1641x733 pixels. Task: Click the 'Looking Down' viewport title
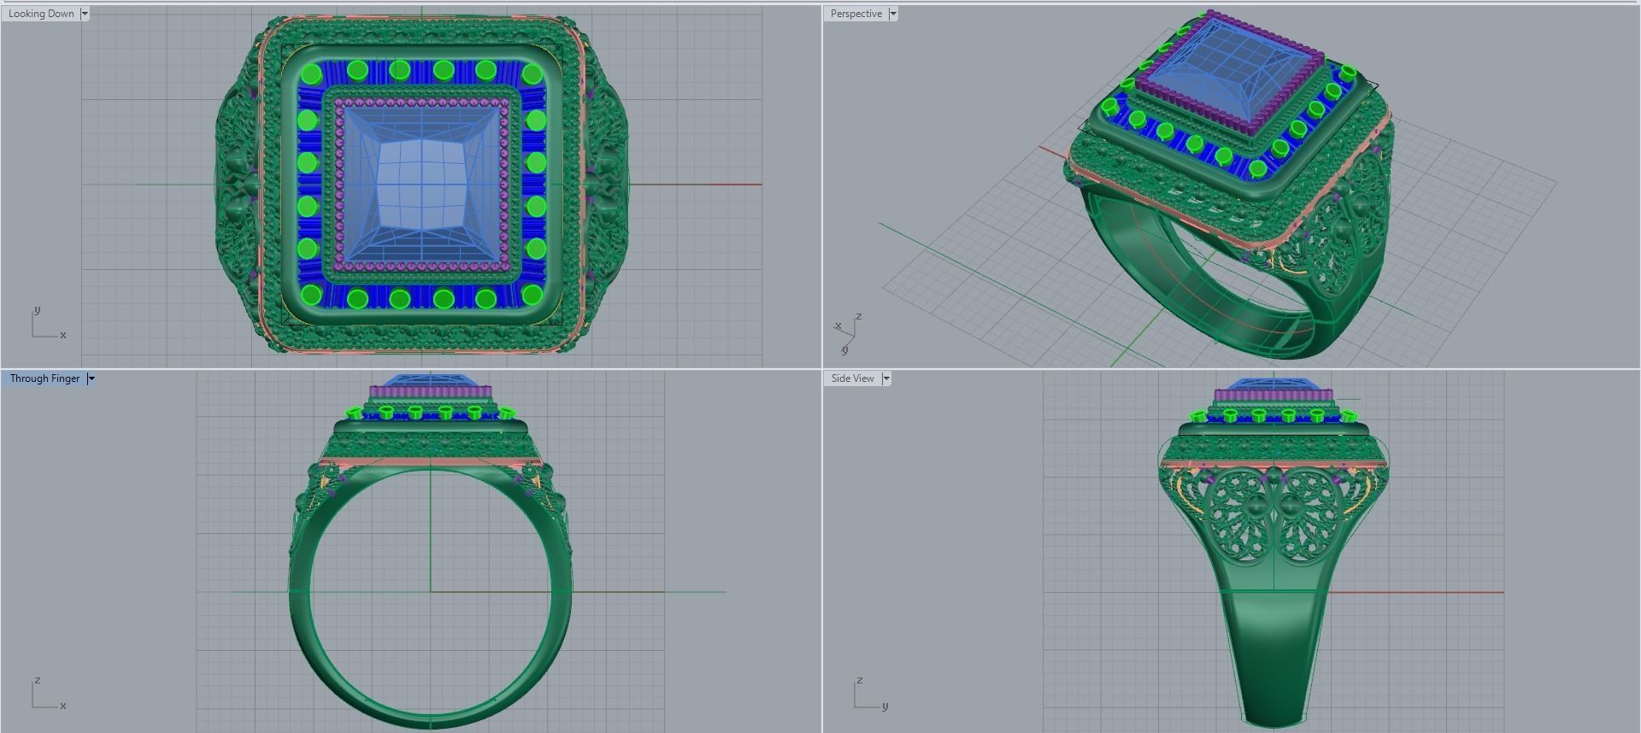coord(41,14)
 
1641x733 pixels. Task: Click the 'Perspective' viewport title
coord(856,14)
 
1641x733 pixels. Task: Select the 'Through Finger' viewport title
coord(44,378)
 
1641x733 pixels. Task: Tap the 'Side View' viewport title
coord(852,378)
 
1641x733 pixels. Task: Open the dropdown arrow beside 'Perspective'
coord(893,14)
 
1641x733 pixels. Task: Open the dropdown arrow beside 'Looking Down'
coord(85,14)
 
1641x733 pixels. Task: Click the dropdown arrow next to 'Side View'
coord(886,378)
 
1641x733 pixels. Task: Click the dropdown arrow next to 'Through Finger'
coord(91,378)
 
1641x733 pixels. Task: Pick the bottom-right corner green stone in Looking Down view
coord(532,295)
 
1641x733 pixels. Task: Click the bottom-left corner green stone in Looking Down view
coord(312,295)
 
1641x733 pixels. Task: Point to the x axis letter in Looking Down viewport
coord(63,335)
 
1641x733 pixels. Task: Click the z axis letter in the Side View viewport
coord(859,680)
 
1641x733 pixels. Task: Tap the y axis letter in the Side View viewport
coord(885,707)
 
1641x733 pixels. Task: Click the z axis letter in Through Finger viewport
coord(37,680)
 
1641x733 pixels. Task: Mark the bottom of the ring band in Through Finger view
coord(430,721)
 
